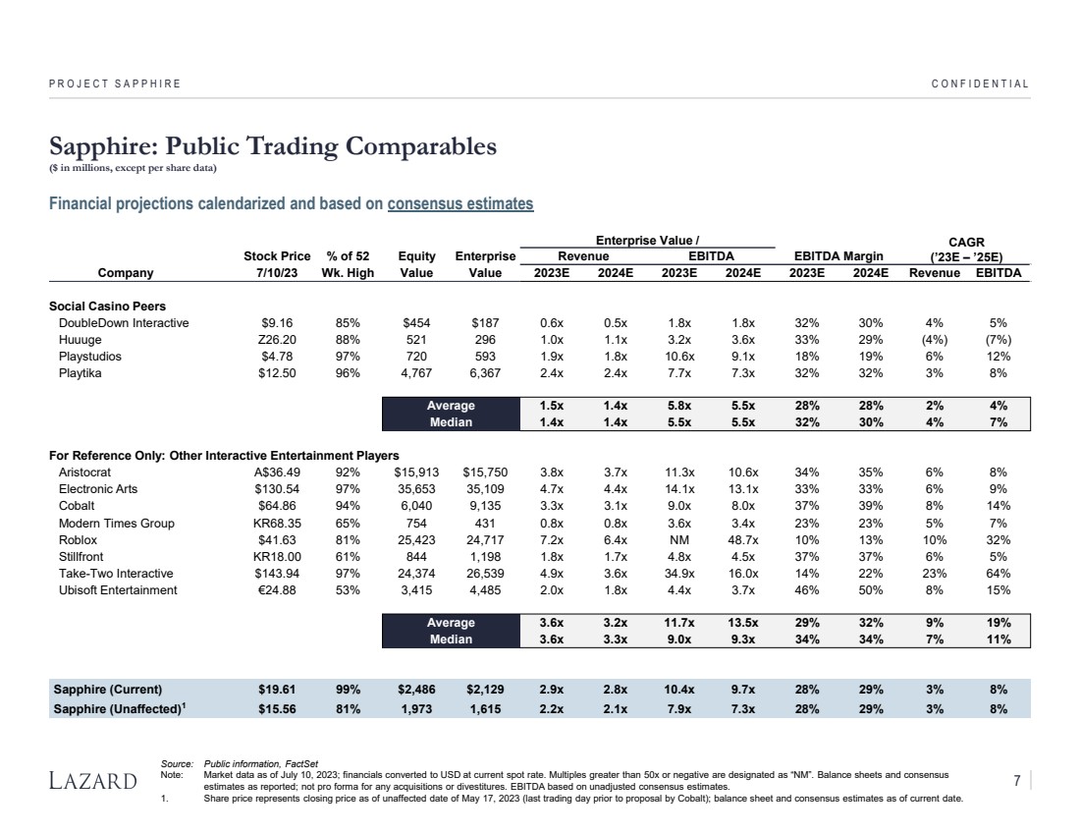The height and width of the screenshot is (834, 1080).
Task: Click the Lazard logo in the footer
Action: [x=93, y=782]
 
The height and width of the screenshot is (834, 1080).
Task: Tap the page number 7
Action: [x=1017, y=781]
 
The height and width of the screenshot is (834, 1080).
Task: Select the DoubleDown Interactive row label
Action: [x=124, y=322]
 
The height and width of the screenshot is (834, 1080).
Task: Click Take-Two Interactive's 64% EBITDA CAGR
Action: [x=999, y=574]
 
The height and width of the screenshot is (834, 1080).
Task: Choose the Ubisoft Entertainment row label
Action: [x=118, y=590]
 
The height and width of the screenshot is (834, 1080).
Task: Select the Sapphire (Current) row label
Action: [x=108, y=689]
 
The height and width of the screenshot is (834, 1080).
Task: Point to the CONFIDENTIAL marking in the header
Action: [x=980, y=83]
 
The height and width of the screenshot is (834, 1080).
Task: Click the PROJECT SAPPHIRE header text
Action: [x=115, y=83]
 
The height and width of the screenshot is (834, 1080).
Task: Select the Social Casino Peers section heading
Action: [x=107, y=306]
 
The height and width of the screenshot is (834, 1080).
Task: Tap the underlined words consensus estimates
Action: [x=460, y=204]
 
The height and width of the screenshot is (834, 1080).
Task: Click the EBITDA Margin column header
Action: [x=838, y=256]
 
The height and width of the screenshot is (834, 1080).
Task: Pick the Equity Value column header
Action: [x=417, y=264]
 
